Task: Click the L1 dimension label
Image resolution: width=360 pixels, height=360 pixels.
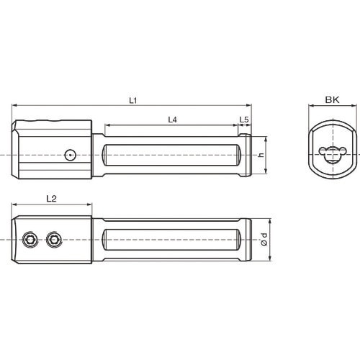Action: tap(132, 100)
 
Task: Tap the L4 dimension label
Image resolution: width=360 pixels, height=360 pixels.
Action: tap(172, 120)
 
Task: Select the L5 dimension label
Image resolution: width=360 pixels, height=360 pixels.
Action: tap(244, 120)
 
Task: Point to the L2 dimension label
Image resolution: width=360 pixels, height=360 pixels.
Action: tap(51, 199)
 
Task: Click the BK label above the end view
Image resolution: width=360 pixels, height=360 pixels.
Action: tap(332, 99)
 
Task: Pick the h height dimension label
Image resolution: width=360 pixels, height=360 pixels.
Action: tap(261, 155)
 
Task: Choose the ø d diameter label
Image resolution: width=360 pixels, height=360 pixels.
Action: tap(264, 239)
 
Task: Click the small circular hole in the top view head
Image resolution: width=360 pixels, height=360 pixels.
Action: tap(70, 155)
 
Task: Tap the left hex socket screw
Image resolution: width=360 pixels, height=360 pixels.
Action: tap(30, 239)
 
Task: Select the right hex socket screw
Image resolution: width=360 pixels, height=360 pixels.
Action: tap(54, 239)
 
